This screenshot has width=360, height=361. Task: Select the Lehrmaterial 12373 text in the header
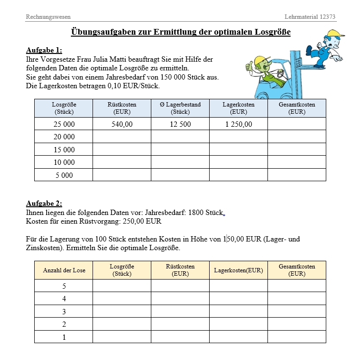[310, 17]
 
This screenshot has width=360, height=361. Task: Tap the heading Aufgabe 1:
[44, 50]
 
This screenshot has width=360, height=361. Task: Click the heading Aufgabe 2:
[44, 203]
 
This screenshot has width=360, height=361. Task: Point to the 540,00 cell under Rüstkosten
[121, 124]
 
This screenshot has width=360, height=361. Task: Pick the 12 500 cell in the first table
[180, 124]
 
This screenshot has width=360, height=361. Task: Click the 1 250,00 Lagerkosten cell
[238, 124]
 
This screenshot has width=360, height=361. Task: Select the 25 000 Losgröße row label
[64, 124]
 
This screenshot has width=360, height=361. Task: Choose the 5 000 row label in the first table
[64, 175]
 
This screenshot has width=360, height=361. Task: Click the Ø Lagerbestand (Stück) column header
[180, 108]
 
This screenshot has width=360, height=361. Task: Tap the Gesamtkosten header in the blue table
[296, 108]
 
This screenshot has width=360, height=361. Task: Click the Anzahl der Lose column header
[64, 270]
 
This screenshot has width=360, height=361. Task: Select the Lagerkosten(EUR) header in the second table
[238, 270]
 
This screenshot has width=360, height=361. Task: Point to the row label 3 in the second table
[64, 311]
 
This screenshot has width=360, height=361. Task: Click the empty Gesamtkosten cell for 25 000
[296, 124]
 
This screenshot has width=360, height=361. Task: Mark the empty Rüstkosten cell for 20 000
[121, 137]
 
